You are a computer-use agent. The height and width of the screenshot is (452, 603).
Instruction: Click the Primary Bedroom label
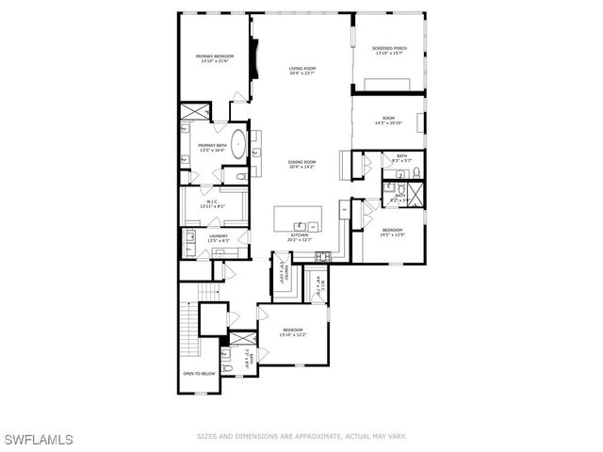(x=215, y=59)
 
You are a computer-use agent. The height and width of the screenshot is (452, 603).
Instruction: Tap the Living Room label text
(x=301, y=71)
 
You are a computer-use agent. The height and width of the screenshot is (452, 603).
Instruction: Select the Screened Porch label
(x=388, y=50)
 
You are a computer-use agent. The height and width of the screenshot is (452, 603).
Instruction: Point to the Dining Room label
(x=301, y=164)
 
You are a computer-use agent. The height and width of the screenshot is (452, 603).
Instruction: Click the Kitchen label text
(x=301, y=238)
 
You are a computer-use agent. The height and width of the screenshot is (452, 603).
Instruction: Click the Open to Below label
(x=200, y=373)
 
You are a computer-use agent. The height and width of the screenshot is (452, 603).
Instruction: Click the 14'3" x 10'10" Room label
(x=388, y=121)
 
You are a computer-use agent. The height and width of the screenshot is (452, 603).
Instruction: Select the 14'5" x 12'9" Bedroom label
(x=392, y=232)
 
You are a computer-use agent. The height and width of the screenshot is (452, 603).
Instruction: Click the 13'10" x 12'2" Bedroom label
(x=292, y=332)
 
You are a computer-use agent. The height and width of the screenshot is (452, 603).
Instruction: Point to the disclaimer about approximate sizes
(x=301, y=436)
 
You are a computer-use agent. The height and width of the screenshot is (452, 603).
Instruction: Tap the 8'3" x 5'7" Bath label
(x=400, y=157)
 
